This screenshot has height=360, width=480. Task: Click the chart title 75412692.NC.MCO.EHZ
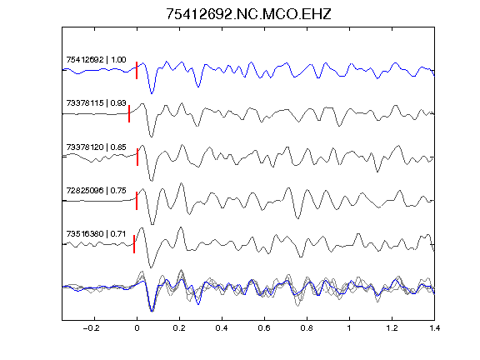pos(248,14)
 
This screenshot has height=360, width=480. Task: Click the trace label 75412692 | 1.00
pos(96,60)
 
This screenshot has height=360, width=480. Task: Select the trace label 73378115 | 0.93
pos(96,103)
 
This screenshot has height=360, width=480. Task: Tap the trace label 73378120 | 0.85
pos(96,147)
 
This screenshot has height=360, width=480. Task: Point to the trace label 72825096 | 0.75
pos(96,191)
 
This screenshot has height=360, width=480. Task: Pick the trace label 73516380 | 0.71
pos(96,234)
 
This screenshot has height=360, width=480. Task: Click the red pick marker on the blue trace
pos(137,70)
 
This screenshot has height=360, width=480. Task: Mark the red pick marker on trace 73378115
pos(129,114)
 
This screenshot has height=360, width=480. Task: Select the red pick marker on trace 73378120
pos(137,157)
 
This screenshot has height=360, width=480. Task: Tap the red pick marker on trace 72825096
pos(137,201)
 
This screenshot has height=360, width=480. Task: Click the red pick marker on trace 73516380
pos(134,244)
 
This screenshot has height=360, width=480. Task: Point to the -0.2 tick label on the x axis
pos(91,328)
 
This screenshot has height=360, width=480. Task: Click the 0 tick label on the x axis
pos(137,328)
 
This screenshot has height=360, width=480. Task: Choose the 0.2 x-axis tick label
pos(179,328)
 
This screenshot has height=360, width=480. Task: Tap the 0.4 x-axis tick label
pos(222,328)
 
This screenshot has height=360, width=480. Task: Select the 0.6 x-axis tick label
pos(264,328)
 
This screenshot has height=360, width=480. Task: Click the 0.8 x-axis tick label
pos(307,328)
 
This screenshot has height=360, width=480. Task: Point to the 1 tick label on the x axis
pos(349,328)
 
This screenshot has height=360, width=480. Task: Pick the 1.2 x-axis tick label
pos(392,328)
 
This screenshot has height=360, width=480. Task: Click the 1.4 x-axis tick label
pos(434,328)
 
